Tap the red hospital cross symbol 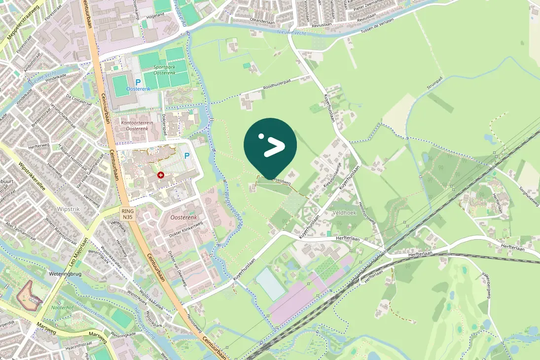click(x=160, y=175)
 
